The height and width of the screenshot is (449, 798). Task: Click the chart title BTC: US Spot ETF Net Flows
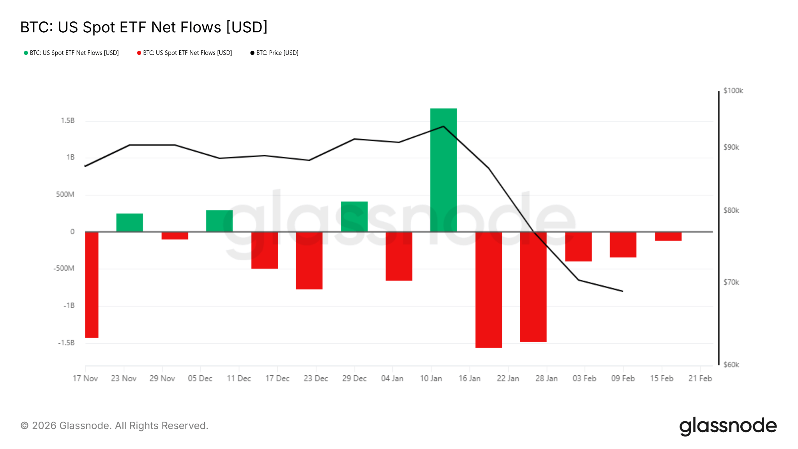pos(144,27)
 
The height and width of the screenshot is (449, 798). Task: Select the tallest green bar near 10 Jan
pos(443,170)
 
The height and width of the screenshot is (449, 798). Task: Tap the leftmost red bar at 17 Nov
pos(92,285)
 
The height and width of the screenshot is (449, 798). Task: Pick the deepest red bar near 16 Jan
pos(489,290)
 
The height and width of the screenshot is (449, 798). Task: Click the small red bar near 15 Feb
pos(668,236)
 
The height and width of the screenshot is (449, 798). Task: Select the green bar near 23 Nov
pos(129,223)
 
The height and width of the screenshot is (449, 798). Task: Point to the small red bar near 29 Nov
pos(175,235)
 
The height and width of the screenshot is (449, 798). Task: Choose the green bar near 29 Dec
pos(354,216)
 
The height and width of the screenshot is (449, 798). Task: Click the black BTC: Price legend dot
pos(252,53)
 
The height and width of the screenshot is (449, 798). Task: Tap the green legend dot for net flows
pos(26,53)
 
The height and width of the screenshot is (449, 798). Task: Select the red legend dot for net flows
pos(139,53)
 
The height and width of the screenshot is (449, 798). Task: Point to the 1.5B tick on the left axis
pos(67,121)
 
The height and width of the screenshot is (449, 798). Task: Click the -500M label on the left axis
pos(64,269)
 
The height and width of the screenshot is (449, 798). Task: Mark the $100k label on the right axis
pos(733,91)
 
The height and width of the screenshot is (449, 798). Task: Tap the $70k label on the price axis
pos(731,282)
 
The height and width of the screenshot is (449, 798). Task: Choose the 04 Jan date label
pos(392,378)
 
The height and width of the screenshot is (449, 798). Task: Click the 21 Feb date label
pos(700,378)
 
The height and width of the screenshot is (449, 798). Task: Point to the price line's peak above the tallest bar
pos(443,126)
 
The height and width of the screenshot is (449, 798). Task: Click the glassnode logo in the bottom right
pos(728,426)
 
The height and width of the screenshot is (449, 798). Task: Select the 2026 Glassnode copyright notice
pos(114,426)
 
